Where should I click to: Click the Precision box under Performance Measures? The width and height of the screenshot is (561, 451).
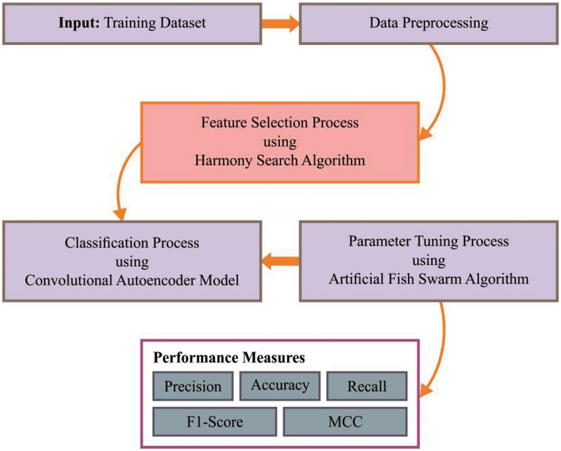[x=193, y=386]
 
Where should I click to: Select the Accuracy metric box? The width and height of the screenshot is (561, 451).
[x=280, y=385]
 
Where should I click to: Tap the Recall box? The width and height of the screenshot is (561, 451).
[x=367, y=386]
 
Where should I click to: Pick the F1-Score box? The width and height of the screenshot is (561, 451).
[x=215, y=421]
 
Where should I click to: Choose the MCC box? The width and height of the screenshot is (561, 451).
[x=345, y=421]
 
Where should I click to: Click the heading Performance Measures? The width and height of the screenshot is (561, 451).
[x=229, y=357]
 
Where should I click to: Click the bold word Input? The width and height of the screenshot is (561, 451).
[x=79, y=23]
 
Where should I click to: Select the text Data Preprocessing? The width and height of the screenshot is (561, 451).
[x=429, y=23]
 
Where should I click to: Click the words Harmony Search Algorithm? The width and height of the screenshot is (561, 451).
[x=280, y=160]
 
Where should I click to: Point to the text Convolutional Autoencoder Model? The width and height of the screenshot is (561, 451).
[x=132, y=280]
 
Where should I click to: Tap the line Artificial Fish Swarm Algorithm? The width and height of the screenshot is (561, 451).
[x=429, y=279]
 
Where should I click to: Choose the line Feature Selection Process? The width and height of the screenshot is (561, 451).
[x=280, y=123]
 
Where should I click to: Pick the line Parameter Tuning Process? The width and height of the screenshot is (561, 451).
[x=429, y=241]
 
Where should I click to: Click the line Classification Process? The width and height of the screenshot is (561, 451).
[x=132, y=243]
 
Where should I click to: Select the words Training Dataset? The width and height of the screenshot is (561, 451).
[x=155, y=23]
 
